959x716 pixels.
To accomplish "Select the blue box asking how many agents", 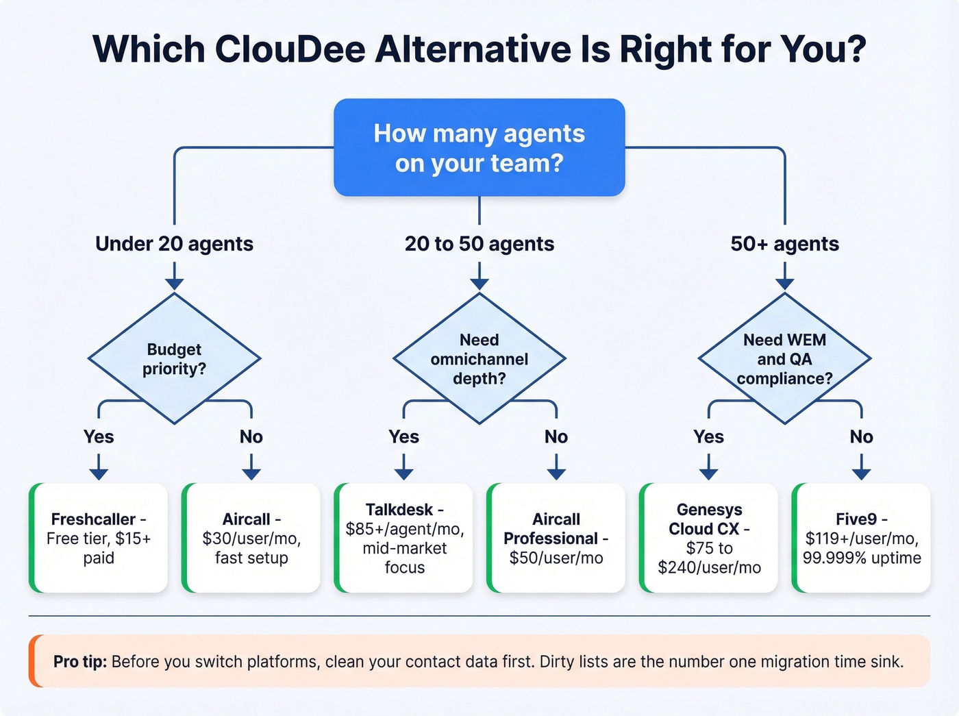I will (x=479, y=148).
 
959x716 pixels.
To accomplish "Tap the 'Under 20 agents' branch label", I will (x=174, y=244).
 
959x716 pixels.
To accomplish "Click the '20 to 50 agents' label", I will (x=479, y=244).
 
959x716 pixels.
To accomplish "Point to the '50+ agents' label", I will (x=784, y=244).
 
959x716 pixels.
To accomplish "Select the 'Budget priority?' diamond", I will (x=174, y=358).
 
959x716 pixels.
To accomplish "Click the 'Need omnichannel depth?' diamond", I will (x=479, y=358).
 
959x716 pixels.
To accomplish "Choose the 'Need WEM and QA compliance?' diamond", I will (x=784, y=358).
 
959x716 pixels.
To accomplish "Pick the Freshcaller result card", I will (x=99, y=538).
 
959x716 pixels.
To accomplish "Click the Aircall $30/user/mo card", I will (x=251, y=538).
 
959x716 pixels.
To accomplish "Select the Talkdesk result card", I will (x=404, y=538).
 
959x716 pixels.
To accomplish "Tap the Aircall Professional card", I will (x=556, y=538).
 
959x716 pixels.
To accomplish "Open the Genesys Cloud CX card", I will (x=709, y=538).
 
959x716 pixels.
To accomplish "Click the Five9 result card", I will (x=861, y=538).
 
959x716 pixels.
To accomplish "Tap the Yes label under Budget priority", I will (x=99, y=437).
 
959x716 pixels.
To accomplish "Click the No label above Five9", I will (x=861, y=437).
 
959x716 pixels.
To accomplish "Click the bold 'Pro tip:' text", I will (x=80, y=662).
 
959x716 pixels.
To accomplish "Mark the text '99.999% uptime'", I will (x=862, y=558).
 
